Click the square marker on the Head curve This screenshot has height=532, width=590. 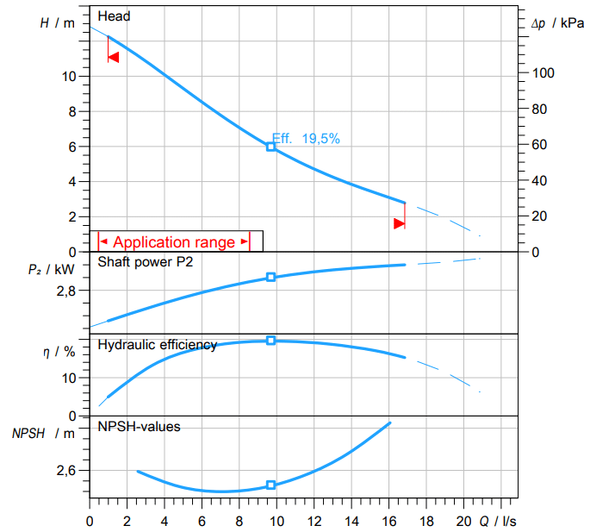coord(270,147)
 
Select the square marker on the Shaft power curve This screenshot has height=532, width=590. coord(270,277)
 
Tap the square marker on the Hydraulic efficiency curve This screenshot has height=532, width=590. coord(270,341)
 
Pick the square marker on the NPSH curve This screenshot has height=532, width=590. coord(270,485)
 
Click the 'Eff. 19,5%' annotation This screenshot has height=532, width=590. coord(307,137)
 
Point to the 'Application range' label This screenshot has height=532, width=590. coord(174,242)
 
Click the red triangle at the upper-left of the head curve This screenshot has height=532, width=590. coord(113,57)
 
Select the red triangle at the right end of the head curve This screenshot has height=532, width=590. coord(399,223)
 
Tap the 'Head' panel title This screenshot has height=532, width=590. coord(114,16)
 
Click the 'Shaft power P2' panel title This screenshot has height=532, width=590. coord(146,263)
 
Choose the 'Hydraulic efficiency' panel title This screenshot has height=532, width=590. coord(158,345)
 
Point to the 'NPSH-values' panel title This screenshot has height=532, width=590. coord(140,426)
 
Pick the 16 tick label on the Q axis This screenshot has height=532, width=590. coord(388,521)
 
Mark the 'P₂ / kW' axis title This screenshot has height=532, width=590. coord(52,270)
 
